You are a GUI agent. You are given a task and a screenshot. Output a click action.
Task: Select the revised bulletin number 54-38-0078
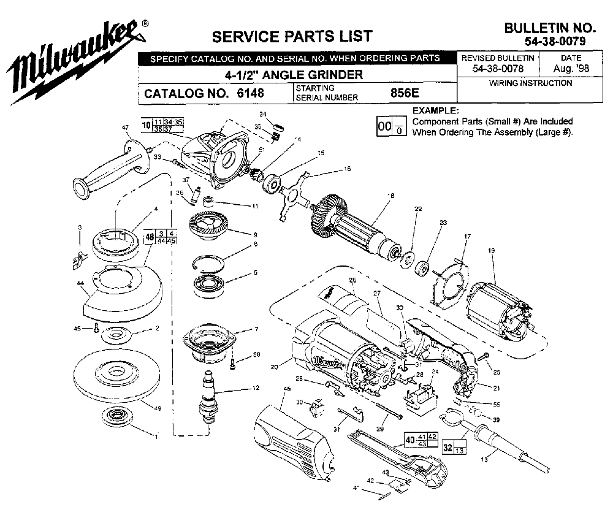click(498, 69)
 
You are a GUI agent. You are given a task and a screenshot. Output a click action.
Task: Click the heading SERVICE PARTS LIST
click(291, 36)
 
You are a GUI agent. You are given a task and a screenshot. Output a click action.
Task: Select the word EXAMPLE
click(435, 111)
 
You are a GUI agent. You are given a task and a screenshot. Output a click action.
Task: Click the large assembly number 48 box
click(149, 237)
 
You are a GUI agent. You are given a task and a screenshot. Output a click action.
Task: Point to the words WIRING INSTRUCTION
click(531, 83)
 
